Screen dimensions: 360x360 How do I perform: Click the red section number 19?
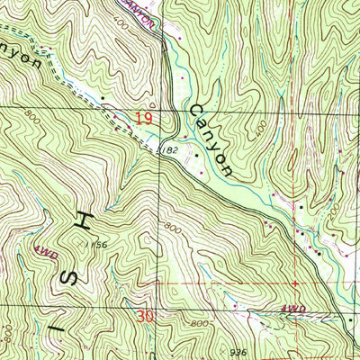pyautogui.click(x=145, y=118)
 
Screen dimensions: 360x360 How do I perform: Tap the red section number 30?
pyautogui.click(x=146, y=316)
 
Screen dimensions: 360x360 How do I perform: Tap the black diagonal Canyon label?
pyautogui.click(x=211, y=139)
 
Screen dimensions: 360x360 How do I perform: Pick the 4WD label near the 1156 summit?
pyautogui.click(x=46, y=254)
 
